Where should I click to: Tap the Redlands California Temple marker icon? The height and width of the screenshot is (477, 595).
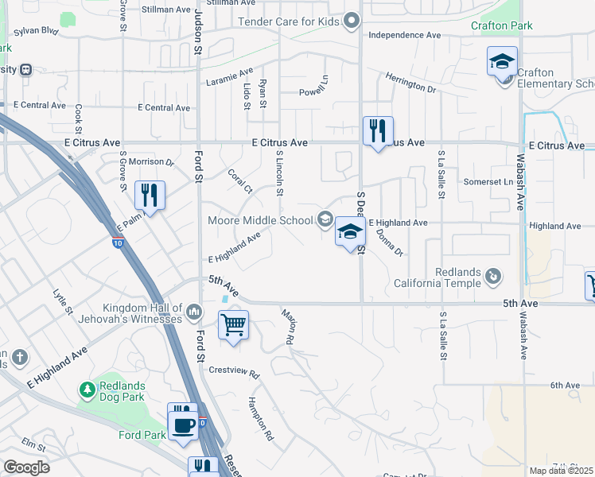[494, 276]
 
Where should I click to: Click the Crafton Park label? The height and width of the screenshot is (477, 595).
[501, 25]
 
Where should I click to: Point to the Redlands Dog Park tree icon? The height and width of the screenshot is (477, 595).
[87, 390]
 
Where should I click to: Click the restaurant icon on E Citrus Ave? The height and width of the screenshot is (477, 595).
[378, 130]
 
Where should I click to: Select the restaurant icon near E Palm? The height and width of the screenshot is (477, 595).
[150, 194]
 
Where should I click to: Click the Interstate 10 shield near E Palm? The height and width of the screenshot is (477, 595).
[118, 244]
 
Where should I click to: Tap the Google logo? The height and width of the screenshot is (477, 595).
[26, 467]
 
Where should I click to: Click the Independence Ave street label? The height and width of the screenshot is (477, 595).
[404, 35]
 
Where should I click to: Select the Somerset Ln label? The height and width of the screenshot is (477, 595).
[488, 182]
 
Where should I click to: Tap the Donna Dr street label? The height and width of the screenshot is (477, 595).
[389, 242]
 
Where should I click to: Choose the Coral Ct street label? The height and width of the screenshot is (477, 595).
[239, 180]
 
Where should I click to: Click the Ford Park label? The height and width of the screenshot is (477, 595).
[141, 435]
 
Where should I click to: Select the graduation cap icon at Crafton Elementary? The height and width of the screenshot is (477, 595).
[502, 61]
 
